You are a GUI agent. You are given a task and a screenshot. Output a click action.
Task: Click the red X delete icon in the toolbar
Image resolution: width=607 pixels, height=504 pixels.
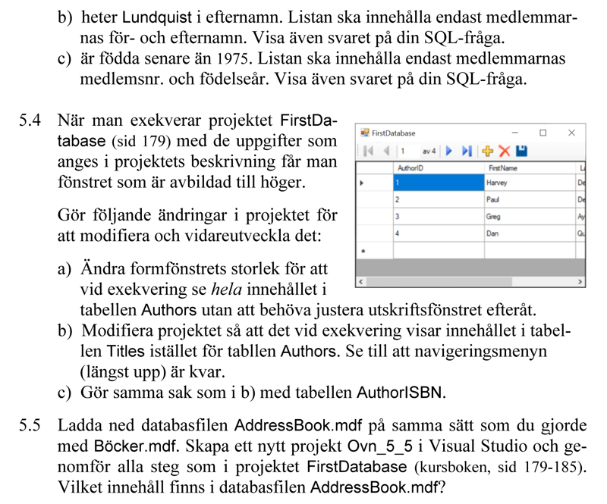[x=505, y=152]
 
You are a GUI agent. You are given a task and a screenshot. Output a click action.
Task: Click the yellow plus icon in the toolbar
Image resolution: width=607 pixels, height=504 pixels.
[x=488, y=152]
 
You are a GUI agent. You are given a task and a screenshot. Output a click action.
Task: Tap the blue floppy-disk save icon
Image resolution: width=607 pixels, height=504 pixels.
[x=521, y=152]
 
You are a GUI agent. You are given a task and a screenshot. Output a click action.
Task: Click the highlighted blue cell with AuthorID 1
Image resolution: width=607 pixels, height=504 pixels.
[x=438, y=183]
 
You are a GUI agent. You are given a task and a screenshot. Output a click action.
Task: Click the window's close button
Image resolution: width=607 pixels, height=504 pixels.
[x=571, y=133]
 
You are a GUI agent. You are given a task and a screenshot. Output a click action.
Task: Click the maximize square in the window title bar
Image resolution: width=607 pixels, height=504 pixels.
[x=543, y=133]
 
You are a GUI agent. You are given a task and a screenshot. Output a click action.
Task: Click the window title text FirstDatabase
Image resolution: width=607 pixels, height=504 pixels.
[x=394, y=133]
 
